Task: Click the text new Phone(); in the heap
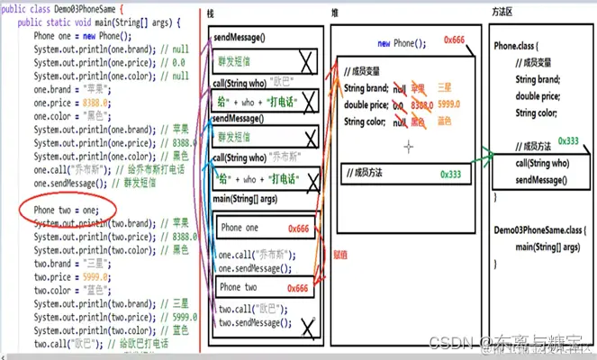pyautogui.click(x=396, y=43)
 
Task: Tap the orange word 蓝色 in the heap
pyautogui.click(x=444, y=121)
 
